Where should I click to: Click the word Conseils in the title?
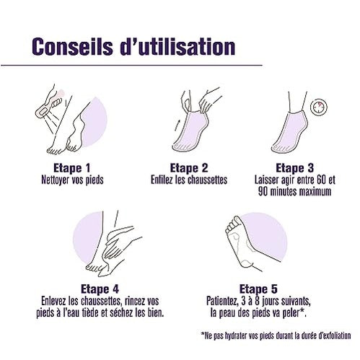(x=72, y=47)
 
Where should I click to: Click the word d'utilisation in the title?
(x=177, y=47)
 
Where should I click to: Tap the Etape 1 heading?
(x=71, y=168)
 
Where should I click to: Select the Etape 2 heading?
(x=189, y=168)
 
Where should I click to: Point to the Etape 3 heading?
(x=294, y=168)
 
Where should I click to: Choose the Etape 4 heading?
(x=100, y=289)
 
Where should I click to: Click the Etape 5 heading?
(x=258, y=289)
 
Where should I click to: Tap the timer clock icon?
(x=319, y=107)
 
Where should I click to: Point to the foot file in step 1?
(x=49, y=107)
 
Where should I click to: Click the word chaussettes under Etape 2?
(x=207, y=180)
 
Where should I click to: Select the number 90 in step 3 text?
(x=263, y=192)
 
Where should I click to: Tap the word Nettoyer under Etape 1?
(x=56, y=180)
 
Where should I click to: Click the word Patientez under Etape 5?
(x=221, y=301)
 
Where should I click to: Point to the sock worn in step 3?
(x=289, y=131)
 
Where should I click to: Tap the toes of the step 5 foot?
(x=232, y=224)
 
